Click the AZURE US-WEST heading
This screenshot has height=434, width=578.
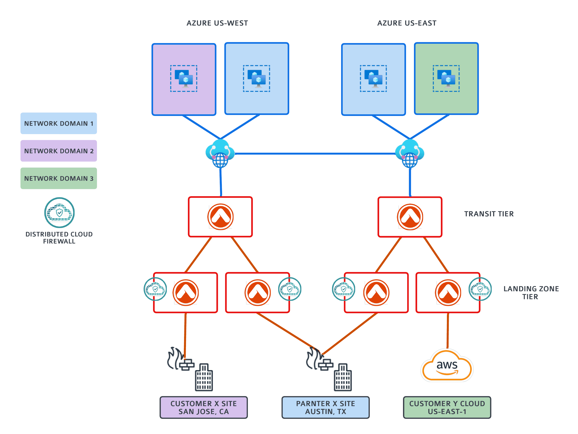pyautogui.click(x=217, y=23)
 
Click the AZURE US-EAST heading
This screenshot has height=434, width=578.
pyautogui.click(x=407, y=23)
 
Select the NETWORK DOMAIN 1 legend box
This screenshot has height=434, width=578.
pyautogui.click(x=58, y=123)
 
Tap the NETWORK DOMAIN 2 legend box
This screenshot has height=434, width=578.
pyautogui.click(x=58, y=151)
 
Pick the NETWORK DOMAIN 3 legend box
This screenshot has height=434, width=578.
pyautogui.click(x=58, y=178)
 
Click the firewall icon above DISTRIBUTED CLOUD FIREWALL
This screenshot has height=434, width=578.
pyautogui.click(x=59, y=212)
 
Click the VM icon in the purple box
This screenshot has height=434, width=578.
pyautogui.click(x=184, y=78)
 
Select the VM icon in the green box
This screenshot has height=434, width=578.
pyautogui.click(x=446, y=78)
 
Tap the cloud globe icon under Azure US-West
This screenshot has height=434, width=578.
pyautogui.click(x=220, y=154)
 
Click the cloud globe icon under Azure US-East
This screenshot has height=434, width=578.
pyautogui.click(x=410, y=154)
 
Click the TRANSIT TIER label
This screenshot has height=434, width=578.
pyautogui.click(x=489, y=214)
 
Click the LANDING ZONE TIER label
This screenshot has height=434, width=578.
pyautogui.click(x=531, y=293)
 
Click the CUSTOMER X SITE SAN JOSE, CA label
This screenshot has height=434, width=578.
pyautogui.click(x=204, y=407)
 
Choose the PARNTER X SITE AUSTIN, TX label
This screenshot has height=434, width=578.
pyautogui.click(x=325, y=407)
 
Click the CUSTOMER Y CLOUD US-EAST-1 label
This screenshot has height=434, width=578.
pyautogui.click(x=447, y=407)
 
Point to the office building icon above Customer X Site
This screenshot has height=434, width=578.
pyautogui.click(x=204, y=377)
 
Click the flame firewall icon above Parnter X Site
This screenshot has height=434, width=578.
pyautogui.click(x=318, y=359)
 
